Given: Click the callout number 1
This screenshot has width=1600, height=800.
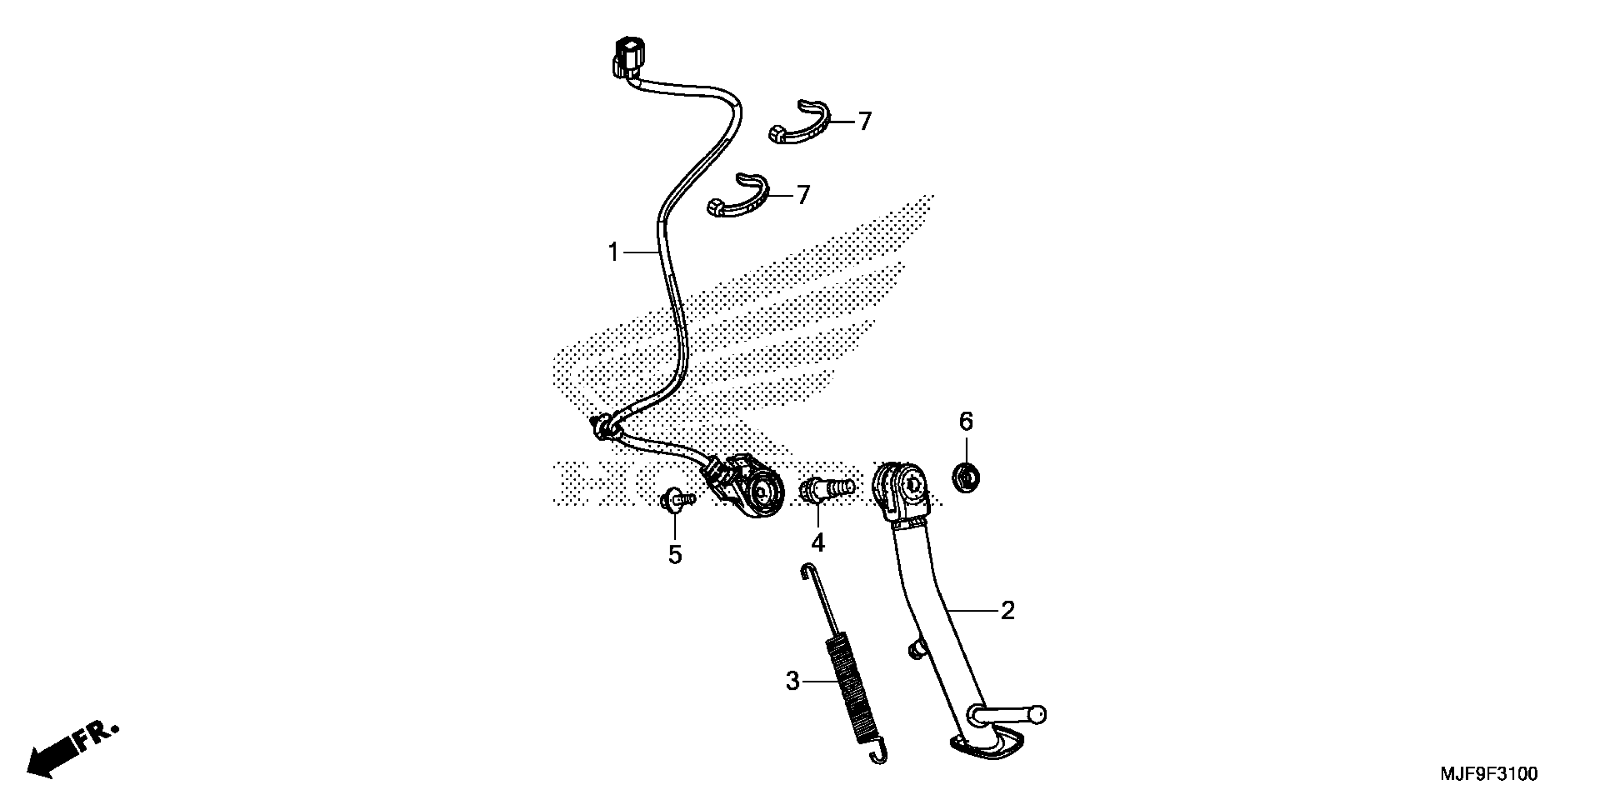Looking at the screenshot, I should [x=614, y=253].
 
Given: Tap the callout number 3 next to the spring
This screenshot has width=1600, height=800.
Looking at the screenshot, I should [x=792, y=681].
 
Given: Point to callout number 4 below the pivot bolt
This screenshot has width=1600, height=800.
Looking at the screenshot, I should [x=818, y=543].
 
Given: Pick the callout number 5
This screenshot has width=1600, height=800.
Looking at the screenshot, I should [x=675, y=555].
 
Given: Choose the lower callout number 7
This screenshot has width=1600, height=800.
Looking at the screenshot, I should [x=804, y=195].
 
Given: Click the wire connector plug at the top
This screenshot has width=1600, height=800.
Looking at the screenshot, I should [x=192, y=55].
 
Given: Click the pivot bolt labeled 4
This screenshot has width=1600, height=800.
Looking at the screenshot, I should [x=826, y=488].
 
